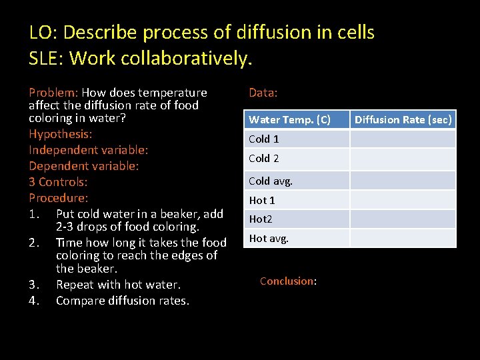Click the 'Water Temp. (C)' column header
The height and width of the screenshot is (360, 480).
coord(289,120)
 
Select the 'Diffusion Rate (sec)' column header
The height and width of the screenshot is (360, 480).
coord(403,120)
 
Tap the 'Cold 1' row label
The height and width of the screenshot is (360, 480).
coord(264,139)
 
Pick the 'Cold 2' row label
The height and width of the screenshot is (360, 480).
coord(264,158)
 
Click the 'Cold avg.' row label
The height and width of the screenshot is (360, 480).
coord(271,181)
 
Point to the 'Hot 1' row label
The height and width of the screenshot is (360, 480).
coord(262,200)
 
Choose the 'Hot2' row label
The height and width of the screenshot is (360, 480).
coord(261,219)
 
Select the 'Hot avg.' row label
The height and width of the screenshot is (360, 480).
coord(269,238)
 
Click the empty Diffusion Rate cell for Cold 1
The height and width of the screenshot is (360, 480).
coord(403,139)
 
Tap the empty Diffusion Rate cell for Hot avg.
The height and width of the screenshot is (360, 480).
coord(403,238)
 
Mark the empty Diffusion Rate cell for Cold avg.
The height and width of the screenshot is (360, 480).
coord(403,181)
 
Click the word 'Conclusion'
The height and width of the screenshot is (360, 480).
coord(287,281)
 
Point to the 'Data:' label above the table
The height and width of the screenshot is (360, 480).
coord(263,93)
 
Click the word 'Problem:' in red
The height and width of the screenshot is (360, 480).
coord(53,93)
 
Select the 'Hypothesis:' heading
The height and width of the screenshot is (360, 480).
coord(61,134)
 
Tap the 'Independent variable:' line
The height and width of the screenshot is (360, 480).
coord(89,150)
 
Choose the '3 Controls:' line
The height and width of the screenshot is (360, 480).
coord(59,182)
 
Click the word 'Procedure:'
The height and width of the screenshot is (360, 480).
coord(59,198)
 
